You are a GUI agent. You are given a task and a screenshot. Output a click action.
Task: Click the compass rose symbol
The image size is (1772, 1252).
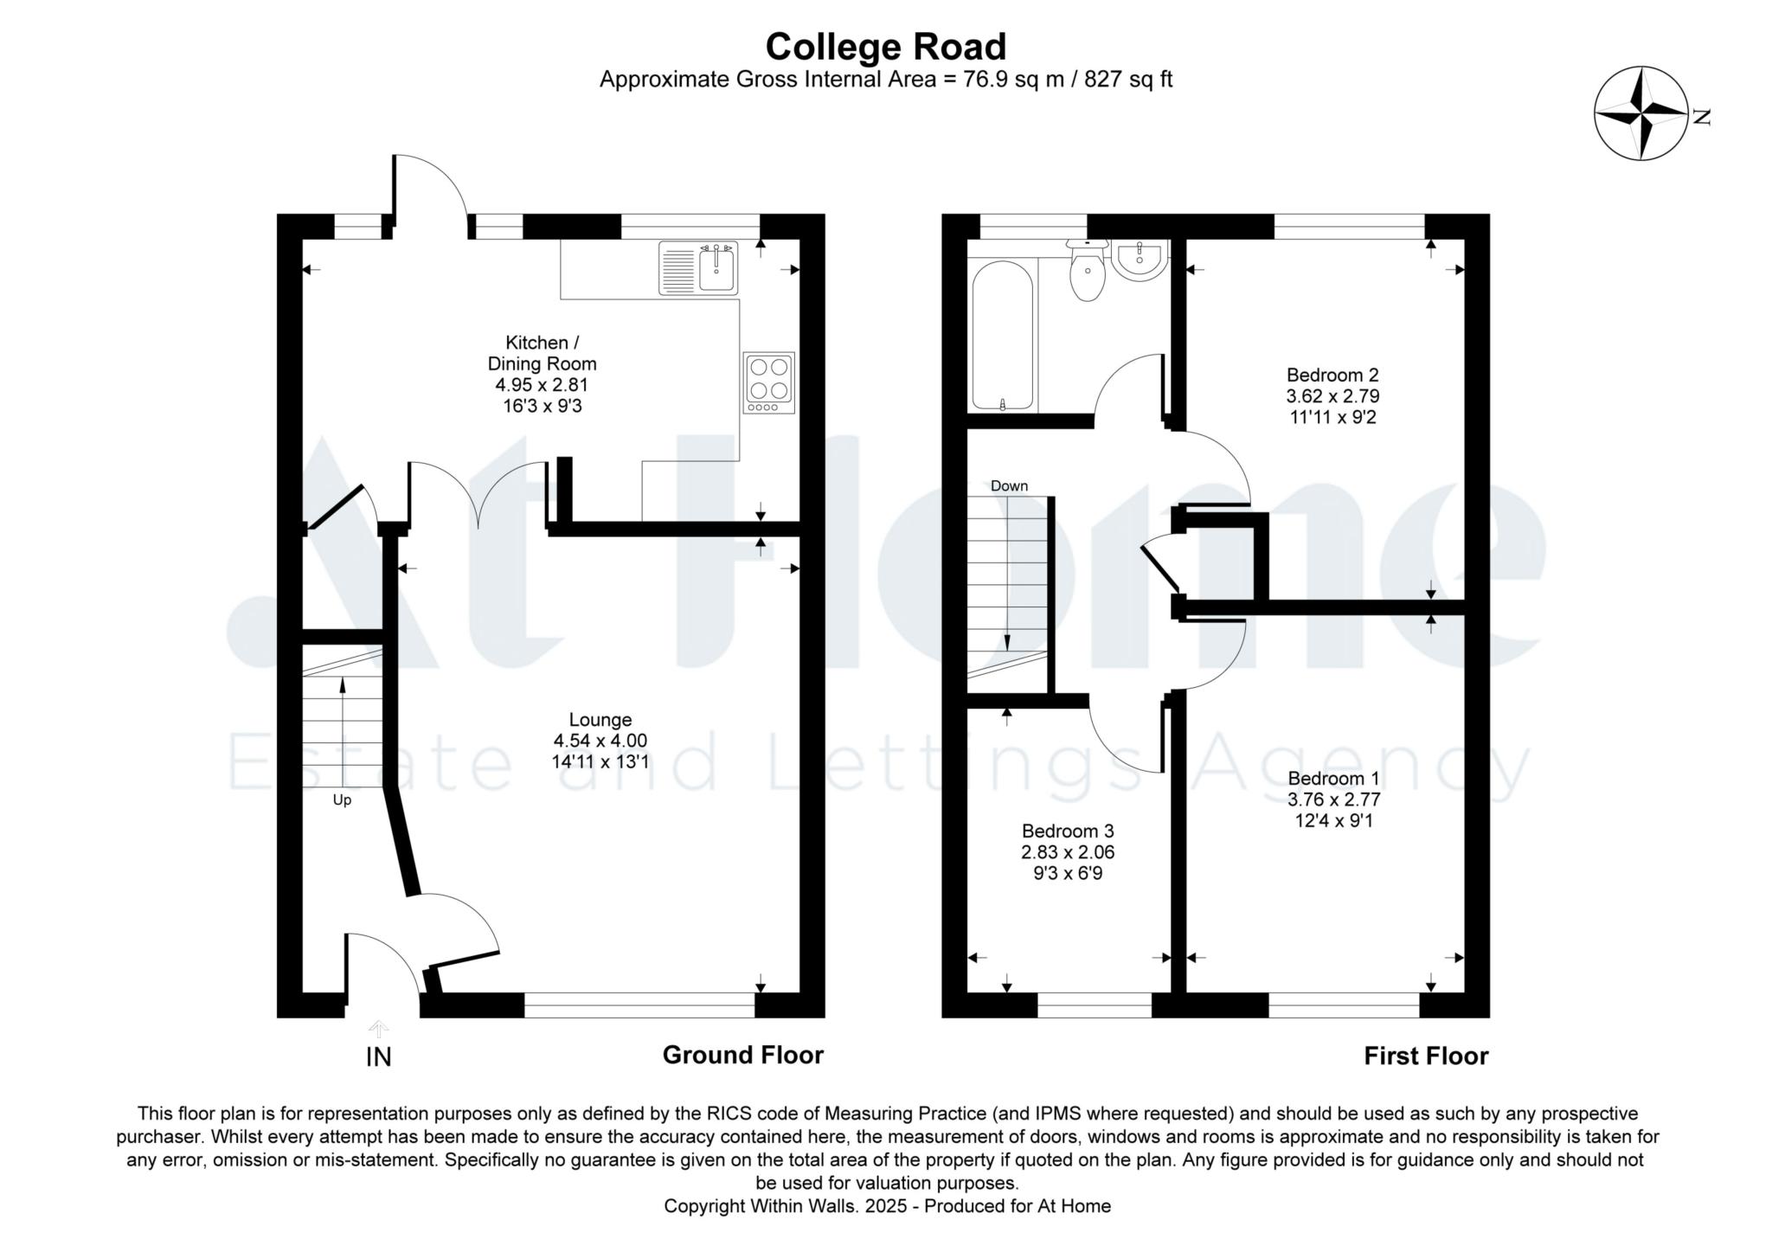pyautogui.click(x=1640, y=114)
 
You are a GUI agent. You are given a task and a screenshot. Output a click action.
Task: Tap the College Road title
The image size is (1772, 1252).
pyautogui.click(x=886, y=47)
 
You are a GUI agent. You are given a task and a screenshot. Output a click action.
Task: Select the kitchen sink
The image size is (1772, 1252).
pyautogui.click(x=698, y=268)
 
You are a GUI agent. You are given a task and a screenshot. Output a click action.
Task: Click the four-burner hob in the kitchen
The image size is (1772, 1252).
pyautogui.click(x=768, y=382)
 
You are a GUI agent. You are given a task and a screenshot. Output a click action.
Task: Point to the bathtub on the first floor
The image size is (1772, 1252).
pyautogui.click(x=1003, y=335)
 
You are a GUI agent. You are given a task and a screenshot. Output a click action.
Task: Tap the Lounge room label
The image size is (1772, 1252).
pyautogui.click(x=600, y=719)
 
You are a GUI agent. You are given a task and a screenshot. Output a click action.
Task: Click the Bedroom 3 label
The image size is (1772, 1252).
pyautogui.click(x=1068, y=831)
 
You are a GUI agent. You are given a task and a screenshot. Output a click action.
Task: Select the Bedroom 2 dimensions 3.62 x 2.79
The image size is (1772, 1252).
pyautogui.click(x=1332, y=396)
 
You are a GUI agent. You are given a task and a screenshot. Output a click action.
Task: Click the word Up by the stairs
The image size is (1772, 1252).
pyautogui.click(x=342, y=800)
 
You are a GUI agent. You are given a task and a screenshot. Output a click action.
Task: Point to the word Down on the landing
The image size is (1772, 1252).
pyautogui.click(x=1009, y=486)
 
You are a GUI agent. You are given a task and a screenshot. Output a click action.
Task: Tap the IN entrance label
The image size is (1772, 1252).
pyautogui.click(x=379, y=1057)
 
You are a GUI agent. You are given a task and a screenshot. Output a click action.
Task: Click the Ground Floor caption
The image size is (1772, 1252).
pyautogui.click(x=743, y=1055)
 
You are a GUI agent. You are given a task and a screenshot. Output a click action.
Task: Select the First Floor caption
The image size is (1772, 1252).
pyautogui.click(x=1427, y=1056)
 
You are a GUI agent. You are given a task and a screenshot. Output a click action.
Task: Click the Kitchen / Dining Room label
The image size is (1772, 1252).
pyautogui.click(x=543, y=353)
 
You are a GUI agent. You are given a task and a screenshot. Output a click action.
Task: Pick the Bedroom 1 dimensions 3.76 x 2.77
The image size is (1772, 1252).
pyautogui.click(x=1333, y=799)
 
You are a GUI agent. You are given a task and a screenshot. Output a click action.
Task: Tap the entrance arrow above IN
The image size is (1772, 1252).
pyautogui.click(x=378, y=1029)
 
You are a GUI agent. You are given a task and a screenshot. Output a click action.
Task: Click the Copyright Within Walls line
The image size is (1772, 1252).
pyautogui.click(x=887, y=1205)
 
